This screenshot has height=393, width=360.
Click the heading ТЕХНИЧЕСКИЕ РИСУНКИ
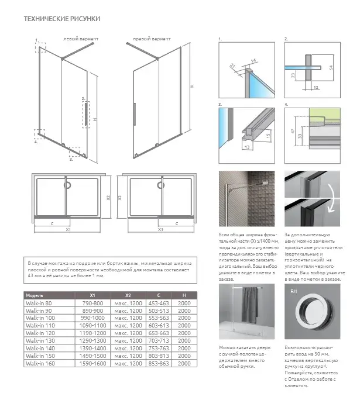[61, 19]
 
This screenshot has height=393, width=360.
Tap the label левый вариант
[80, 39]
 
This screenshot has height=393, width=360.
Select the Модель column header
[36, 295]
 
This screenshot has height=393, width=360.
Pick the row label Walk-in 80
[40, 303]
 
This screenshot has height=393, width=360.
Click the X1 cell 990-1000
[92, 318]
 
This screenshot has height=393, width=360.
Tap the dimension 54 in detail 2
[331, 68]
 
